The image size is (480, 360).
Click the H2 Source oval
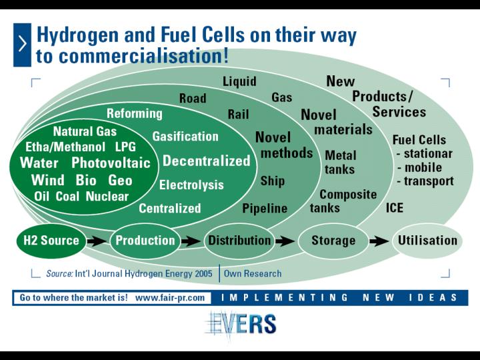(x=51, y=241)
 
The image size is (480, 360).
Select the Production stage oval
(x=145, y=241)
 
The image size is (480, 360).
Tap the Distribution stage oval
(x=239, y=241)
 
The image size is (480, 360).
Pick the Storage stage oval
(x=333, y=241)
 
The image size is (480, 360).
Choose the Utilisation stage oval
(x=427, y=241)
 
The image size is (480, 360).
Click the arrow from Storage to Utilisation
(x=379, y=241)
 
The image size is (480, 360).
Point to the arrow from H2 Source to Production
(x=97, y=241)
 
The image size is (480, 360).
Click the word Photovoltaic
(x=111, y=163)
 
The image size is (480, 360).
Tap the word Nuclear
(x=107, y=196)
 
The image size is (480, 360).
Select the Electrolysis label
(x=191, y=185)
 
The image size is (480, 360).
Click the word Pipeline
(x=265, y=209)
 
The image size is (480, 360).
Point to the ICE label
(x=394, y=208)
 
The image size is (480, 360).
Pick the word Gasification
(x=185, y=136)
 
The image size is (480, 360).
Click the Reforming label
(x=135, y=113)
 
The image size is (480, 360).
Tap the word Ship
(x=273, y=181)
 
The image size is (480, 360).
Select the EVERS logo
(x=241, y=325)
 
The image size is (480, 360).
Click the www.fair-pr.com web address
(x=170, y=297)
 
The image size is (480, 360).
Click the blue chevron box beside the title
(x=22, y=45)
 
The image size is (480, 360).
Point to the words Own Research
(x=253, y=273)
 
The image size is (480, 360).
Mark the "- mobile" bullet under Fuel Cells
(x=420, y=167)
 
